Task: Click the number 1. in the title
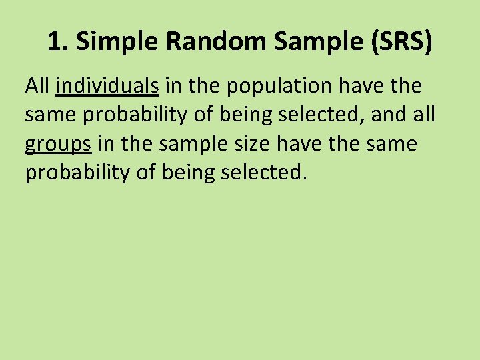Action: click(x=58, y=42)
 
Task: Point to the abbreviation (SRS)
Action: click(x=399, y=42)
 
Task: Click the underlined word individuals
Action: click(x=107, y=85)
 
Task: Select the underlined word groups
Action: click(x=57, y=144)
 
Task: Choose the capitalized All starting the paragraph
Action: click(x=37, y=85)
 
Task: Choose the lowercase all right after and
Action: click(x=425, y=115)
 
